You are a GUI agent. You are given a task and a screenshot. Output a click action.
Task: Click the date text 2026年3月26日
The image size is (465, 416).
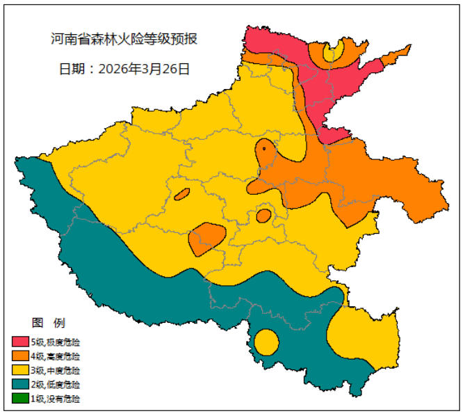click(x=144, y=69)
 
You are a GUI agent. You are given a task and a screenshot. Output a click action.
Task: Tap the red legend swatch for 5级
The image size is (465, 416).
click(x=20, y=342)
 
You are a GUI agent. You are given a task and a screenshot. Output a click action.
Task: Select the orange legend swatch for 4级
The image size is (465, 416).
click(x=20, y=356)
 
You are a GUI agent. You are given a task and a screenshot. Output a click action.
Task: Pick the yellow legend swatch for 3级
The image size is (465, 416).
click(x=20, y=370)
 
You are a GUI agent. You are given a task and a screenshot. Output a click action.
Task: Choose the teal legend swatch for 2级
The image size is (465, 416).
click(x=20, y=385)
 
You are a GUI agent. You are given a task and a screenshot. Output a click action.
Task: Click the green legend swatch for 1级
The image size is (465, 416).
click(x=20, y=399)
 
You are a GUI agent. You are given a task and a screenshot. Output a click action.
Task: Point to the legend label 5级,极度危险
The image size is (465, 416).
click(x=55, y=342)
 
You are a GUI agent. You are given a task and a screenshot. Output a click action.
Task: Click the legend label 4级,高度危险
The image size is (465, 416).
click(x=55, y=356)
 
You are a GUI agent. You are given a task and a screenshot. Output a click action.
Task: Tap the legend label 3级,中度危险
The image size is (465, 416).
click(x=55, y=370)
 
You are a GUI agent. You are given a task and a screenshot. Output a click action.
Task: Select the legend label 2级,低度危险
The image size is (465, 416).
click(x=55, y=385)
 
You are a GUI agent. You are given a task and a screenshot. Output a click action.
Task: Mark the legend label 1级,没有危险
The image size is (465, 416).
click(x=55, y=399)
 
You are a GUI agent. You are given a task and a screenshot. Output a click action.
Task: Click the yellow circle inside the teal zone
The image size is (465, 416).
click(x=266, y=342)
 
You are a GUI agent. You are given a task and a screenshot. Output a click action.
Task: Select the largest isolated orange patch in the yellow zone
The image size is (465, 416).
click(x=206, y=237)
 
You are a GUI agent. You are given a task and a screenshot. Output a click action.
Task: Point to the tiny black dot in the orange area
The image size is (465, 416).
click(x=264, y=148)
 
